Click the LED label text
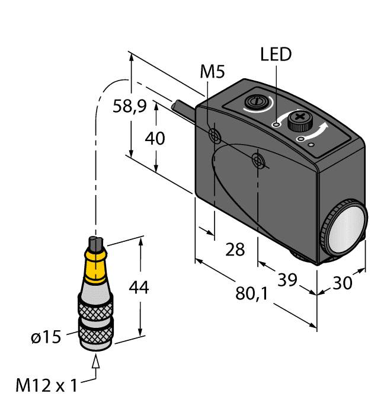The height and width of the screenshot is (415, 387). click(x=276, y=55)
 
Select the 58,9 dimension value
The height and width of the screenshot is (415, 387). click(x=130, y=107)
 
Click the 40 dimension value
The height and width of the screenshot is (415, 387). click(x=155, y=138)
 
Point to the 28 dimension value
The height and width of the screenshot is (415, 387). click(x=235, y=250)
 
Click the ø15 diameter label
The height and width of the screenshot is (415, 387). click(x=46, y=338)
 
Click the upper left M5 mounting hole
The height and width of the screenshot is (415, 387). click(x=216, y=136)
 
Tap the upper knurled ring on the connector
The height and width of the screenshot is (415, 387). click(x=95, y=308)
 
